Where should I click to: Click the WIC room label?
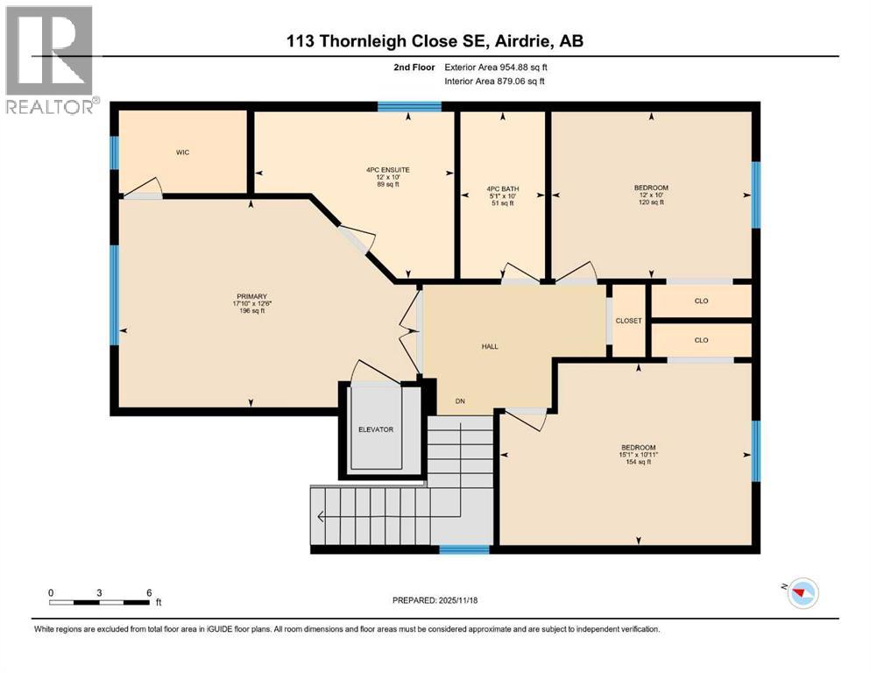click(x=182, y=152)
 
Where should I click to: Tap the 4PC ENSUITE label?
click(x=388, y=169)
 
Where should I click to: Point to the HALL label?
click(x=490, y=346)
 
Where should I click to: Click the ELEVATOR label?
click(x=375, y=429)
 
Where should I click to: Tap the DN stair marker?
click(x=459, y=401)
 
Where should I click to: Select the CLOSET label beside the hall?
click(x=628, y=321)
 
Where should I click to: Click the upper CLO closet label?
click(x=701, y=301)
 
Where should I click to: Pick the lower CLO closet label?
click(x=701, y=340)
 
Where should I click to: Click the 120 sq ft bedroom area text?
click(x=650, y=202)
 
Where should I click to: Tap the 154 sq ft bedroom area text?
click(x=636, y=462)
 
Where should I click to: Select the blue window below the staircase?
click(x=463, y=550)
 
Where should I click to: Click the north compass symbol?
click(x=801, y=595)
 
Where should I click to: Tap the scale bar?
click(x=98, y=602)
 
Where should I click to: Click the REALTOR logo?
click(x=49, y=60)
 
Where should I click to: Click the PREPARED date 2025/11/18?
click(x=435, y=600)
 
